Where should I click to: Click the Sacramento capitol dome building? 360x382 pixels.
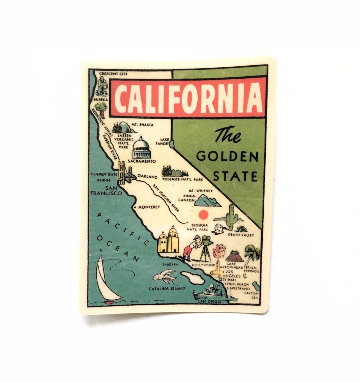(141, 148)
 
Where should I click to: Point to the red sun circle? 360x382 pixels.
(203, 215)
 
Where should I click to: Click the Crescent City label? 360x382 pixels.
(113, 74)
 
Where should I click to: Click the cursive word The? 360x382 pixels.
(228, 136)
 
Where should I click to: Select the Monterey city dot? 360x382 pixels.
(135, 207)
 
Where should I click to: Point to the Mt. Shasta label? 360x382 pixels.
(142, 125)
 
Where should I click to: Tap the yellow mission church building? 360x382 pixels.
(168, 241)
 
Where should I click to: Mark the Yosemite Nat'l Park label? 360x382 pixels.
(182, 179)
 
